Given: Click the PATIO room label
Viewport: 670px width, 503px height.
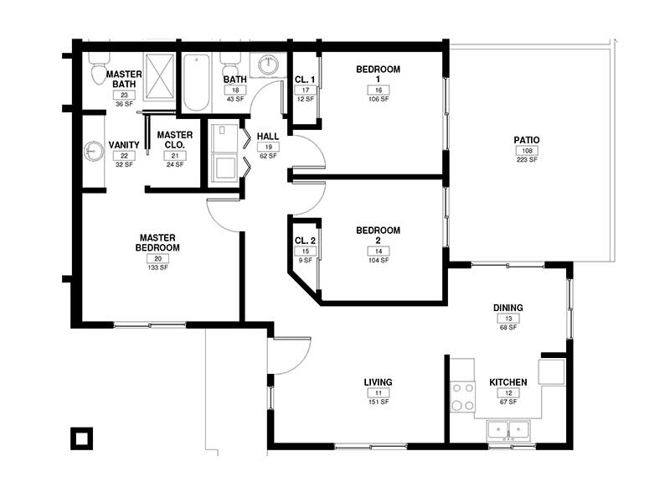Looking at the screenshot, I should click(526, 140).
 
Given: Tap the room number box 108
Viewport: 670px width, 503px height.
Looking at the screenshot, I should click(526, 150).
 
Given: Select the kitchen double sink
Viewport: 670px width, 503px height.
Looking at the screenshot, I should click(508, 431).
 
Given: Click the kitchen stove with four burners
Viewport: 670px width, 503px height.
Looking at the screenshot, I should click(462, 397).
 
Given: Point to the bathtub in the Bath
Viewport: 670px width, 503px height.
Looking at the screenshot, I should click(197, 83).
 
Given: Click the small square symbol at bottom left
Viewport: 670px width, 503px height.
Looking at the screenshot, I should click(81, 438).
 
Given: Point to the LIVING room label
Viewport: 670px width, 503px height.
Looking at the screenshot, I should click(378, 382).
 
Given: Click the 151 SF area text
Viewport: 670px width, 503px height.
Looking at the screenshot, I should click(378, 402).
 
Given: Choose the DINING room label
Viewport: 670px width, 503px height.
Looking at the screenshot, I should click(508, 308).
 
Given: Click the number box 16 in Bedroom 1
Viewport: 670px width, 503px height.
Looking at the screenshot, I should click(378, 90).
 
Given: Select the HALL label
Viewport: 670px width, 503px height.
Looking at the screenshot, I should click(268, 136).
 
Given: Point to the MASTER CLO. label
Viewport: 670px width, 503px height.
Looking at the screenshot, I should click(174, 140).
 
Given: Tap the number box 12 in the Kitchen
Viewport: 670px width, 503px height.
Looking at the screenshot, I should click(508, 392).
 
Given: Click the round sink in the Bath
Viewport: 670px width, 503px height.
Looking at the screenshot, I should click(268, 65).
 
